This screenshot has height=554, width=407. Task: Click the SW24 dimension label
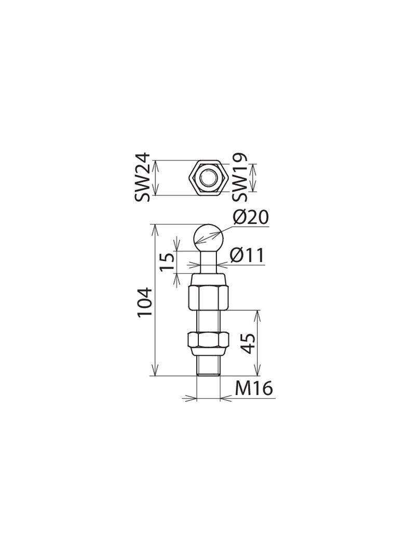142,177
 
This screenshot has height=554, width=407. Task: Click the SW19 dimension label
239,177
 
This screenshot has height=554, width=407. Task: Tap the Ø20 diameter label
251,217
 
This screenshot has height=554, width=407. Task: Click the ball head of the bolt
208,236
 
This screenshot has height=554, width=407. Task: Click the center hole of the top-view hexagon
208,177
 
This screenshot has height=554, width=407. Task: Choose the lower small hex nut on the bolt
208,340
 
